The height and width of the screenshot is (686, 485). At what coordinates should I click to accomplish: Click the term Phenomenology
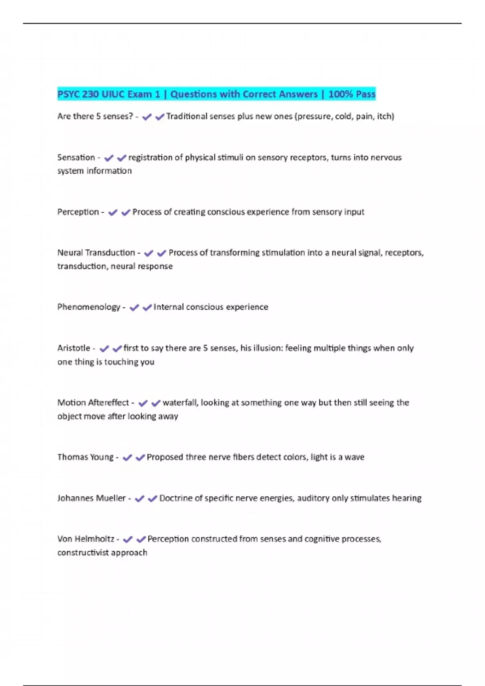(x=89, y=307)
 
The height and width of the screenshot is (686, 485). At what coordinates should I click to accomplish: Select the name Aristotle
(x=74, y=348)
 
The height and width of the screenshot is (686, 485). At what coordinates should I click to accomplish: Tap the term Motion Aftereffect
(x=93, y=402)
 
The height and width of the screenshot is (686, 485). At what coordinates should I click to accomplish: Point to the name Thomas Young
(x=85, y=457)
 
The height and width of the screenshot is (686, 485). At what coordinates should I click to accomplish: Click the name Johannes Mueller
(x=91, y=498)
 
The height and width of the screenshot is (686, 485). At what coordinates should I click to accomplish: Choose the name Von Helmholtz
(x=86, y=539)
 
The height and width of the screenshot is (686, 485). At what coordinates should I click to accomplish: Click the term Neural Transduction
(x=96, y=253)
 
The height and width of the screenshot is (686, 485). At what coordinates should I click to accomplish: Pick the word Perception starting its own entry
(x=78, y=212)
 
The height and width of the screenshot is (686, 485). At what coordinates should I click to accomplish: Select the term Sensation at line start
(x=76, y=157)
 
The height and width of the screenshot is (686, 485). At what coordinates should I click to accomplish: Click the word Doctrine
(x=177, y=498)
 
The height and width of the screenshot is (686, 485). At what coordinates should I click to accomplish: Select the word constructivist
(x=83, y=552)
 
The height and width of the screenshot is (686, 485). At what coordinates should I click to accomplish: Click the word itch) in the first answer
(x=386, y=116)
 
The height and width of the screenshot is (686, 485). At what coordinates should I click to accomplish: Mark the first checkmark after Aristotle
(x=104, y=348)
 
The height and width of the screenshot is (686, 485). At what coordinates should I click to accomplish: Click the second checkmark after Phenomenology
(x=147, y=307)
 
